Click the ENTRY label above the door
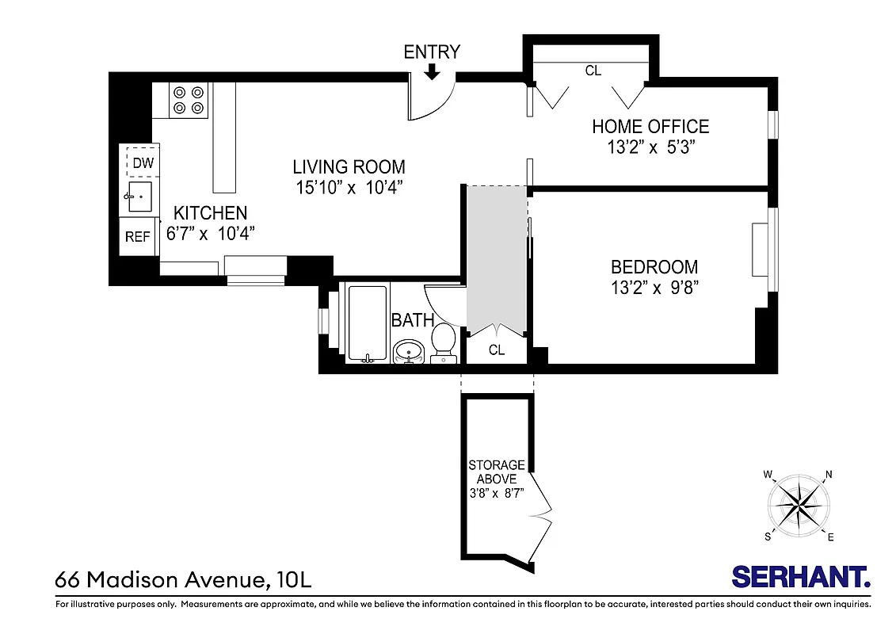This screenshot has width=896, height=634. click(431, 52)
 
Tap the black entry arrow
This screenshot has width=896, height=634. click(432, 72)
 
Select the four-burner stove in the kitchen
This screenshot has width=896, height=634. click(189, 100)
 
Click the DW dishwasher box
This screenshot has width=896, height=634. click(143, 162)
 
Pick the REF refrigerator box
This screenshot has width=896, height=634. click(138, 237)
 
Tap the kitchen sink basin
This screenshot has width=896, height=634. click(140, 196)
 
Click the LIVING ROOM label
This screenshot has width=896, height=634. click(349, 167)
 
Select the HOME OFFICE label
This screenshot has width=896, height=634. click(650, 126)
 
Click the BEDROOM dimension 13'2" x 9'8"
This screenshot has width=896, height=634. click(654, 288)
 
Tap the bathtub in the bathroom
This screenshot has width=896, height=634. click(365, 321)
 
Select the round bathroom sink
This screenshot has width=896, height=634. click(409, 350)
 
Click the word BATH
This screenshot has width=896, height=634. click(413, 320)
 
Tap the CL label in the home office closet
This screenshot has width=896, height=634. click(593, 71)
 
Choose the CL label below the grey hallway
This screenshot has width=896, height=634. click(496, 350)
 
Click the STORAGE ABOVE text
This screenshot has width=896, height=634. click(497, 472)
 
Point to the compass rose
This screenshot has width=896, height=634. click(799, 504)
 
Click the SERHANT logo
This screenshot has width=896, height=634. click(801, 576)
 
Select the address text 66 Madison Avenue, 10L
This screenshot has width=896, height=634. click(184, 579)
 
